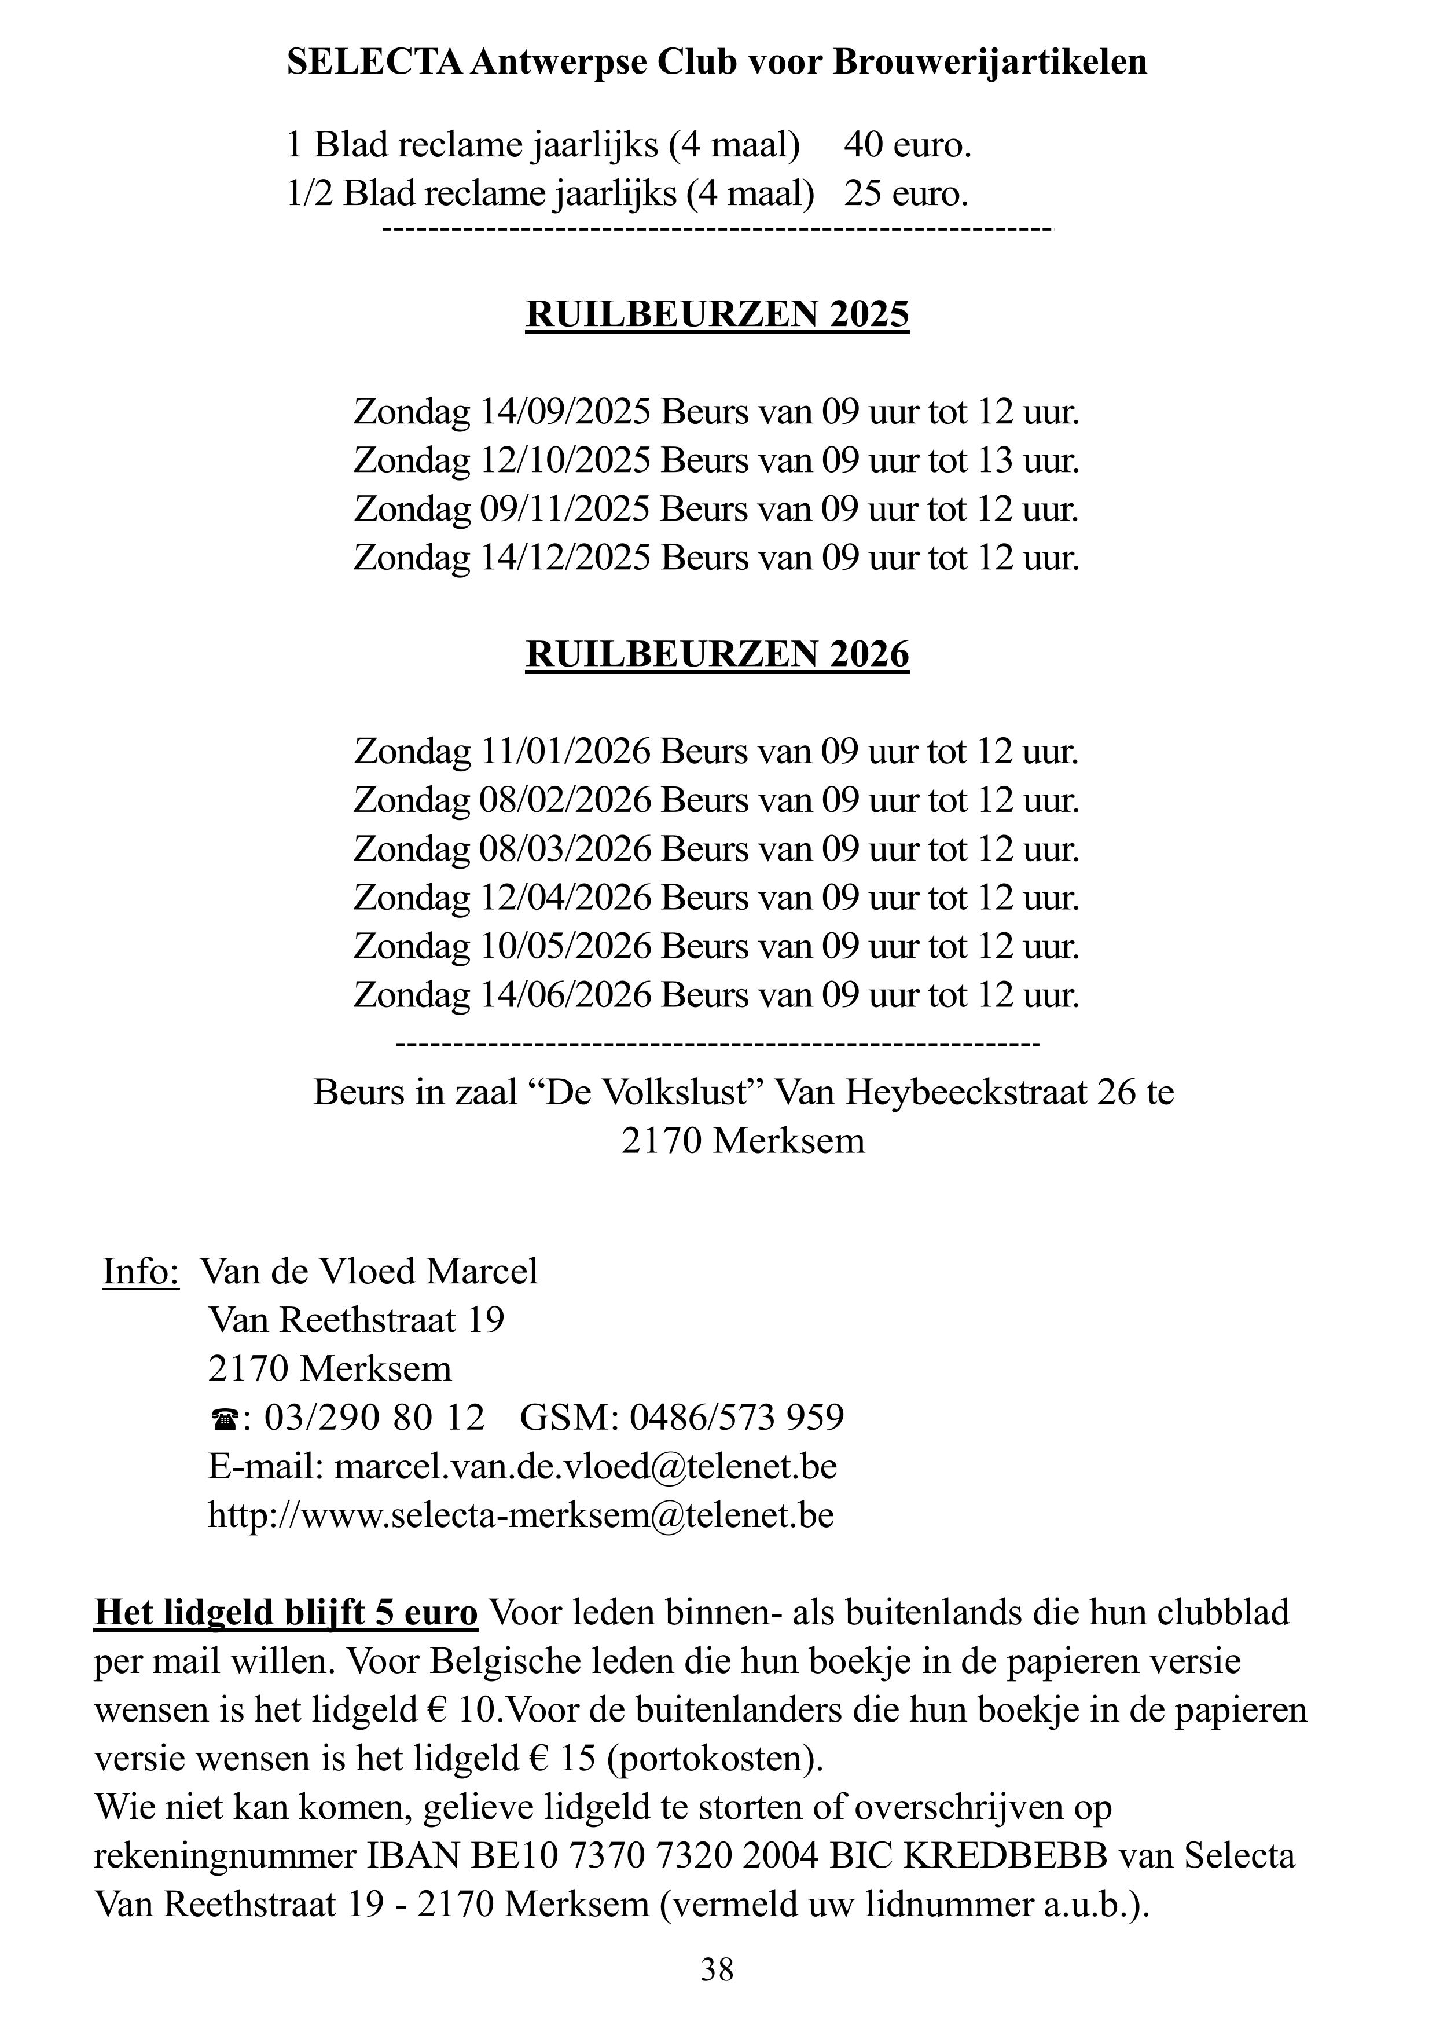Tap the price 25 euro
906,194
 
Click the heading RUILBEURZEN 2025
718,315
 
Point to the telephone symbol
224,1420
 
